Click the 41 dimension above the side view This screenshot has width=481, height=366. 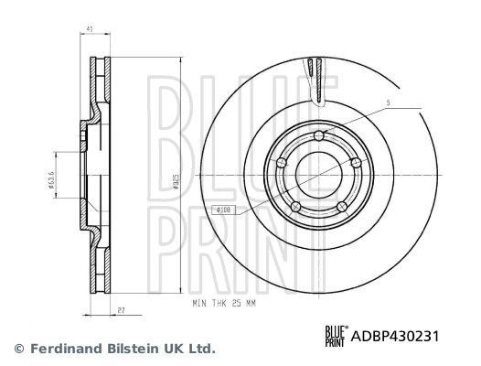[x=89, y=31]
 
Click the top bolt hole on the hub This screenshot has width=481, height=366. [x=318, y=137]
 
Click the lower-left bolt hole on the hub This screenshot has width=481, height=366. [x=295, y=206]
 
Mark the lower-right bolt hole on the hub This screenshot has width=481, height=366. [x=342, y=207]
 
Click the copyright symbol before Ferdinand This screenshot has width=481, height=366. [x=18, y=349]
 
